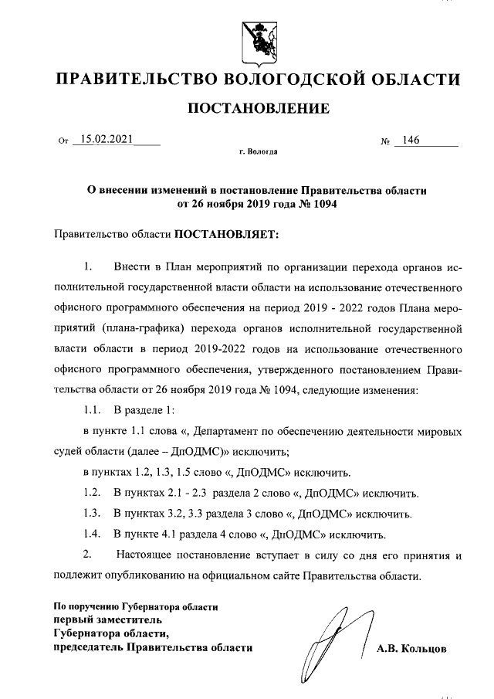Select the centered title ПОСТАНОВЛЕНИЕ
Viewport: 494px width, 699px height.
pyautogui.click(x=259, y=108)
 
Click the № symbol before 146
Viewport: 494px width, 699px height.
pyautogui.click(x=384, y=142)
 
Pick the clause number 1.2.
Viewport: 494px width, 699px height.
pyautogui.click(x=93, y=492)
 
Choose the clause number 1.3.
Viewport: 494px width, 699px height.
pyautogui.click(x=93, y=513)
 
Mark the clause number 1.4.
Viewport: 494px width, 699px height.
pyautogui.click(x=93, y=534)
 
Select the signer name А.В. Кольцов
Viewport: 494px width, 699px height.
pyautogui.click(x=411, y=649)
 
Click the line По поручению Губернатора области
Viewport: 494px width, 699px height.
pyautogui.click(x=135, y=606)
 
